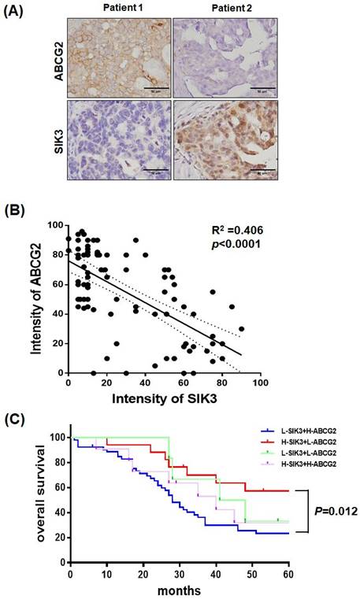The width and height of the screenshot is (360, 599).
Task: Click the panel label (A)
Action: point(18,13)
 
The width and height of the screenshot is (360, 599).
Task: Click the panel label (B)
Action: point(18,211)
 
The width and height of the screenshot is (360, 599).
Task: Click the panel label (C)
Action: point(18,419)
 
